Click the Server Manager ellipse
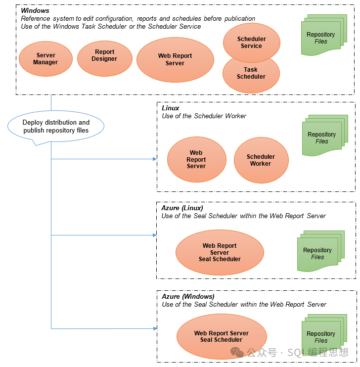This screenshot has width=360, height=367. [x=45, y=59]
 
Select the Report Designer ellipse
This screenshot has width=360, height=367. [x=104, y=55]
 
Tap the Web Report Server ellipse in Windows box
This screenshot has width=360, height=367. [x=175, y=60]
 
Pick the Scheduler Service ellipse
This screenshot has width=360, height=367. [x=251, y=42]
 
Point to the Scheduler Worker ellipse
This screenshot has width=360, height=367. [x=261, y=160]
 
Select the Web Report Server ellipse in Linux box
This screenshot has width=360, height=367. [x=196, y=160]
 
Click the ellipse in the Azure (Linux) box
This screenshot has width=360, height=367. [x=220, y=252]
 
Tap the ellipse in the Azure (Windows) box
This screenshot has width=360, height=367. [x=221, y=336]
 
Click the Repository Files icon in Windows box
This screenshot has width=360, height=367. [x=321, y=38]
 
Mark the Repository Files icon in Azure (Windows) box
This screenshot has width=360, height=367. [x=322, y=336]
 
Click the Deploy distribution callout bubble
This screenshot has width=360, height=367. [x=56, y=126]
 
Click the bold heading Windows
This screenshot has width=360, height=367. [x=35, y=11]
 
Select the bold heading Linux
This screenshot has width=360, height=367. [x=171, y=108]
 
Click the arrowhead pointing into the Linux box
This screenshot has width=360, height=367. [x=154, y=159]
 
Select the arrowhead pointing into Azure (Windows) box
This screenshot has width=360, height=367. [x=154, y=328]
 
